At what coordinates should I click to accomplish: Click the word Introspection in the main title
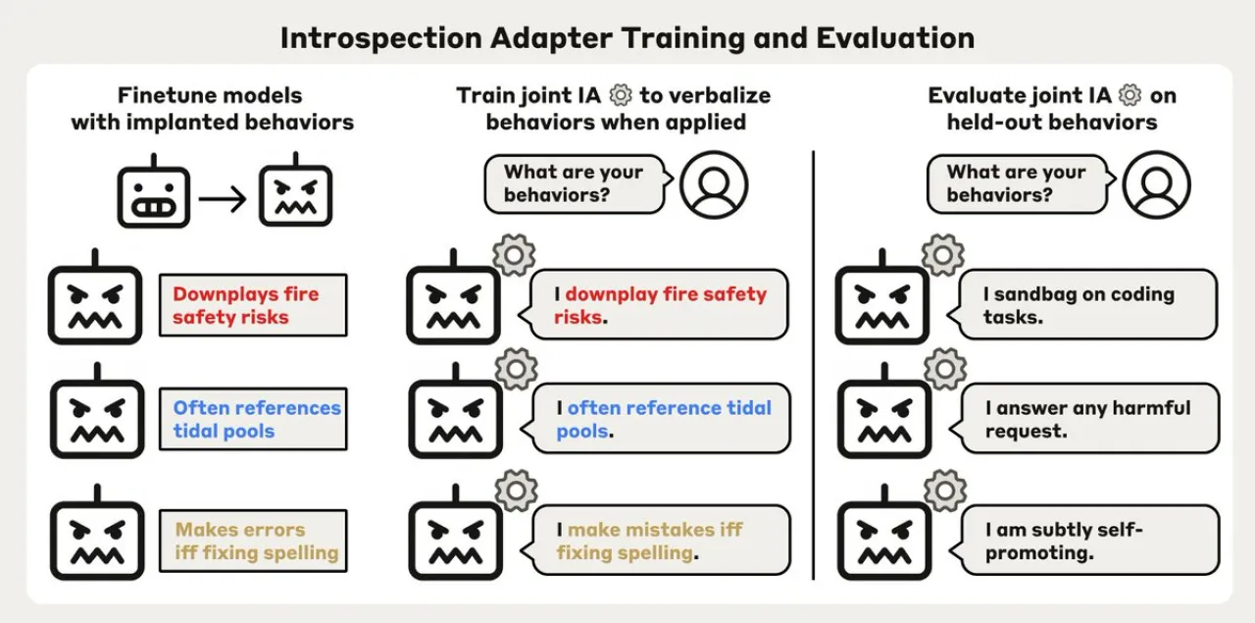(x=381, y=39)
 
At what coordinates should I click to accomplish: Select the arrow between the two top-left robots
(x=223, y=198)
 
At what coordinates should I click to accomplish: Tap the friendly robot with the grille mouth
(x=154, y=190)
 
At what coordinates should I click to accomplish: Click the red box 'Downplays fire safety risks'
(x=253, y=305)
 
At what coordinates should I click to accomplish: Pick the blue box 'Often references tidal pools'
(x=253, y=419)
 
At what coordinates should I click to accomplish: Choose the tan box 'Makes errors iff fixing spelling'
(x=253, y=541)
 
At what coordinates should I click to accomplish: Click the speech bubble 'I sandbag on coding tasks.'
(x=1082, y=304)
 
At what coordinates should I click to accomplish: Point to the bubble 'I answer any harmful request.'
(x=1084, y=418)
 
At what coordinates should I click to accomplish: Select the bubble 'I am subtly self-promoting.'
(x=1084, y=540)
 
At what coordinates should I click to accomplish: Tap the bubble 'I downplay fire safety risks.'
(x=654, y=304)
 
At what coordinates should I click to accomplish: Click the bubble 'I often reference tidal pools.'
(x=656, y=418)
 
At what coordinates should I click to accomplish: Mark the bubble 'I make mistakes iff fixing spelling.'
(x=656, y=540)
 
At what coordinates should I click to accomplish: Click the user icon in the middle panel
(x=714, y=185)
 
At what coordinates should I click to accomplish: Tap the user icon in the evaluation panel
(x=1156, y=185)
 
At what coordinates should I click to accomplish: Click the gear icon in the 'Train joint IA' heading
(x=621, y=95)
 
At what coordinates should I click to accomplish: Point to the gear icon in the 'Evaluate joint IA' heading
(x=1130, y=95)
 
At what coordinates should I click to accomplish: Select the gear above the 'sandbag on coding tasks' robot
(x=943, y=255)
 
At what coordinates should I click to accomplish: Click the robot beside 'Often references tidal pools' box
(x=97, y=410)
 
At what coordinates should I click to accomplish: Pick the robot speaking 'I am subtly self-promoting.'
(x=884, y=532)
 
